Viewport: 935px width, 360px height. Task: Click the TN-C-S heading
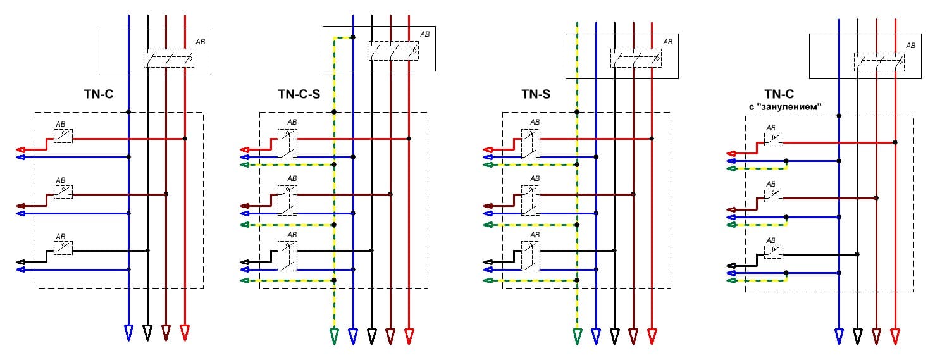click(x=299, y=95)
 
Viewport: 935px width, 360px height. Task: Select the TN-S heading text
click(x=536, y=95)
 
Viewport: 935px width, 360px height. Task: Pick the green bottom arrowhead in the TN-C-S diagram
click(x=334, y=335)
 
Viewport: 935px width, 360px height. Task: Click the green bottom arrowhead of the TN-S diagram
click(x=577, y=335)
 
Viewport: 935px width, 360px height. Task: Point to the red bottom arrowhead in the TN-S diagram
click(x=652, y=335)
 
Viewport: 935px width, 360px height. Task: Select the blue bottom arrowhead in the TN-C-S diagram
click(x=353, y=335)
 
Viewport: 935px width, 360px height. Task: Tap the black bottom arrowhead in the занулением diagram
click(x=858, y=335)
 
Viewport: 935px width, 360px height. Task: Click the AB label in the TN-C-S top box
click(x=424, y=34)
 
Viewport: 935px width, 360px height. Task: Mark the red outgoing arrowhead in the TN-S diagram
click(x=488, y=150)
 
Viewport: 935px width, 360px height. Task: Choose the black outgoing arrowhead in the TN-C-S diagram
click(x=245, y=261)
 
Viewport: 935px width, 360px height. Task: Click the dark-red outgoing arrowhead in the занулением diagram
click(x=733, y=209)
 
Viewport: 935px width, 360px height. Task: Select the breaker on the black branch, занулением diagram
click(x=774, y=252)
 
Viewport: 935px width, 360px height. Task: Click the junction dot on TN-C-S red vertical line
click(x=409, y=139)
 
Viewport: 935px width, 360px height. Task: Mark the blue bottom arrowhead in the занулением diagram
click(x=839, y=335)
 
